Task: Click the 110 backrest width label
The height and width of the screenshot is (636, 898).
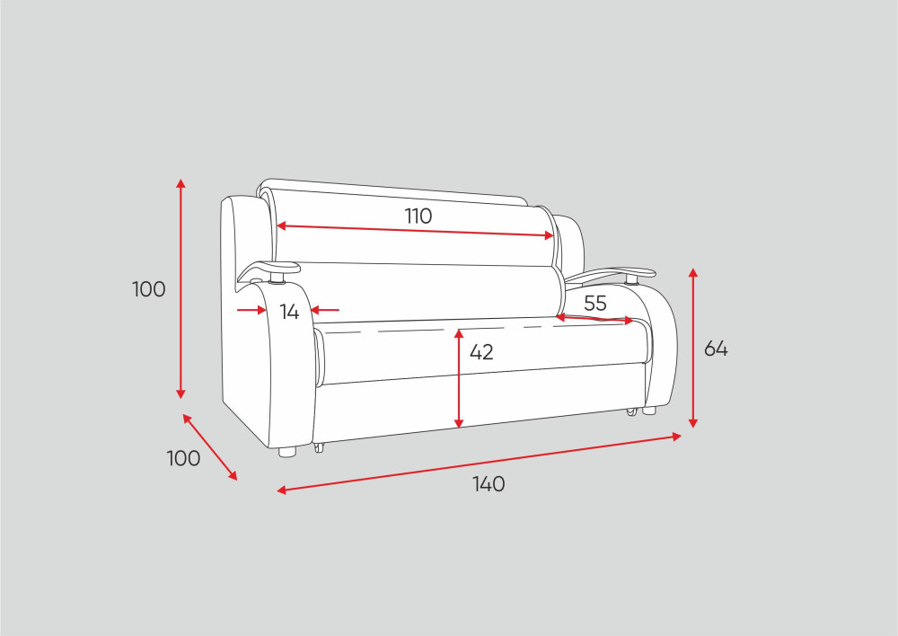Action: tap(418, 216)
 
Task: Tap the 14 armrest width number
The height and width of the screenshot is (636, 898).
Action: tap(289, 312)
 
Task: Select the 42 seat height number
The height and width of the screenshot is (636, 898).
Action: tap(481, 352)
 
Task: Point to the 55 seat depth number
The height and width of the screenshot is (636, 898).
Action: tap(595, 303)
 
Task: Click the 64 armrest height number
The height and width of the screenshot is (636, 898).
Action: tap(716, 349)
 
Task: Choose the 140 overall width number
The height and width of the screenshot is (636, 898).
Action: tap(489, 484)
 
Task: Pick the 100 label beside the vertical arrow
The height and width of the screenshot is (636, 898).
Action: tap(148, 289)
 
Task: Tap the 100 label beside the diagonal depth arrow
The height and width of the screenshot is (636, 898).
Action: tap(183, 458)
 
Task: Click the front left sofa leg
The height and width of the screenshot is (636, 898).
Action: tap(287, 452)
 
